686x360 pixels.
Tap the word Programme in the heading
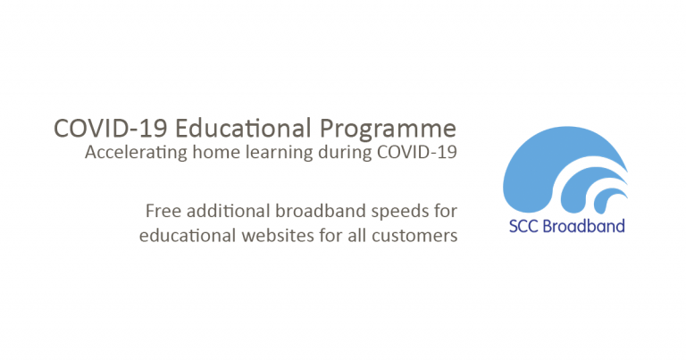pos(392,127)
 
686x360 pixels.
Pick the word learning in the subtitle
pos(272,153)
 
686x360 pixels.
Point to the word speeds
pos(397,212)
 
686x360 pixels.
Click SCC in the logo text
pos(524,225)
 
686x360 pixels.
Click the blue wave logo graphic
pos(554,170)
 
